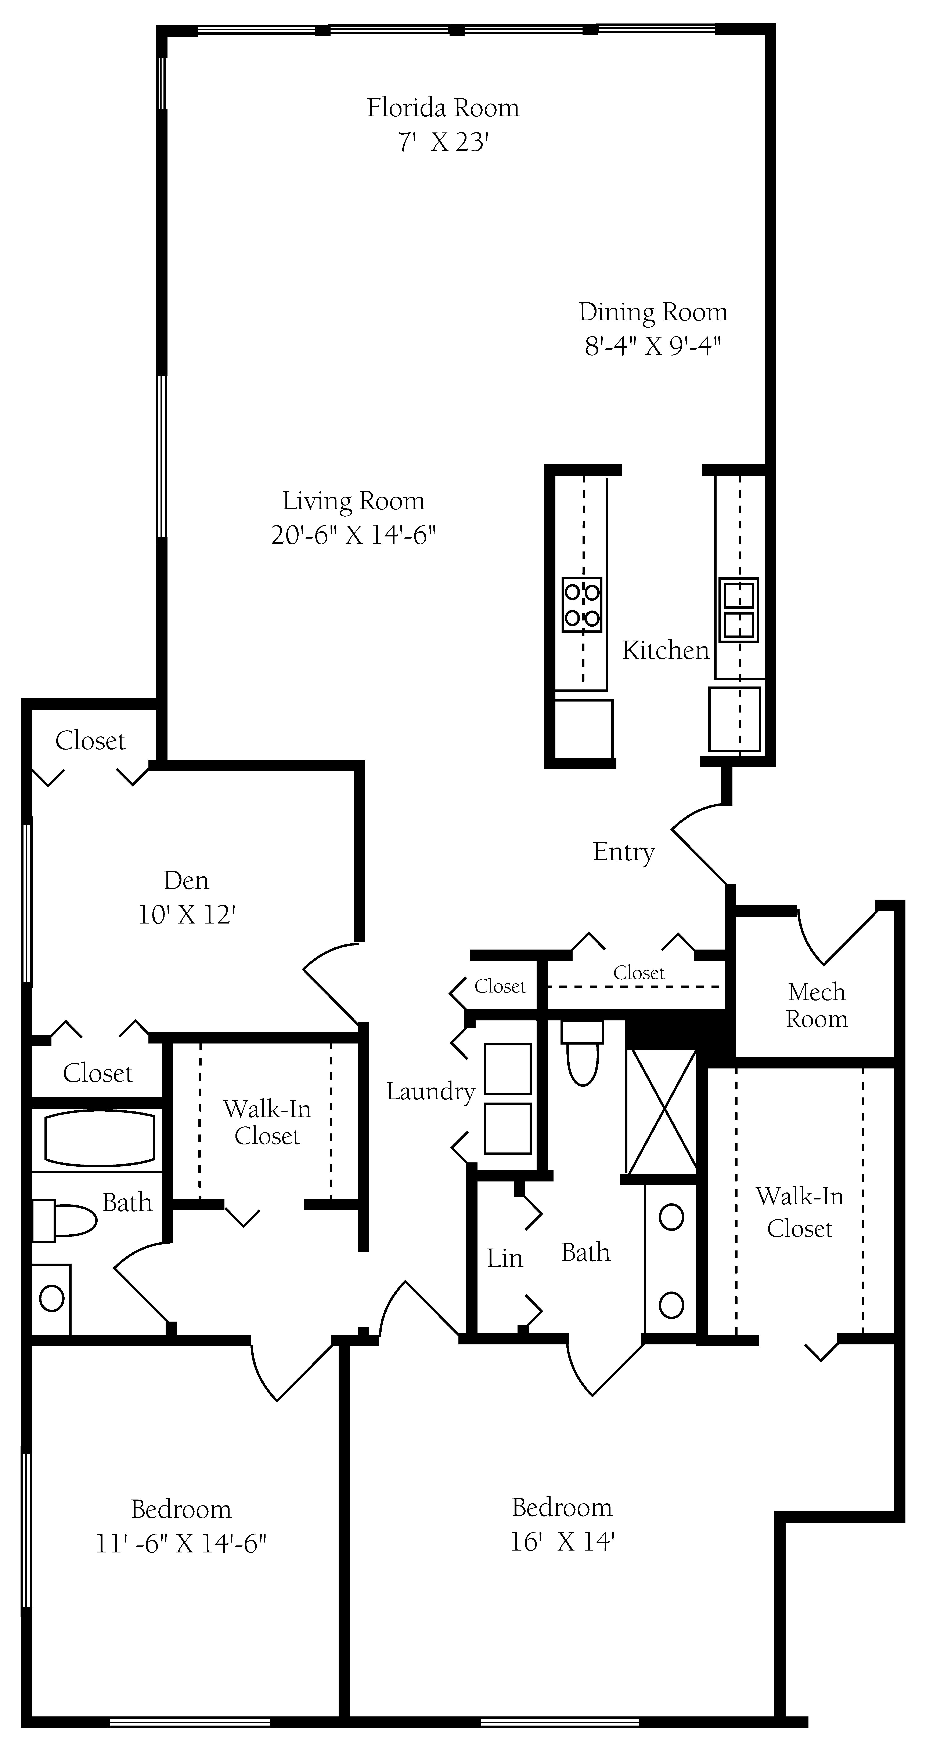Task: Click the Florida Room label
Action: click(x=443, y=108)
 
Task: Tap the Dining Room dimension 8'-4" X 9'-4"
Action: click(x=653, y=346)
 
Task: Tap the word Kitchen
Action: click(x=666, y=650)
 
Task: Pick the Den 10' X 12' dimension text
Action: click(x=187, y=915)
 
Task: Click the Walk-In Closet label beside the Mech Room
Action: click(x=800, y=1212)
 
